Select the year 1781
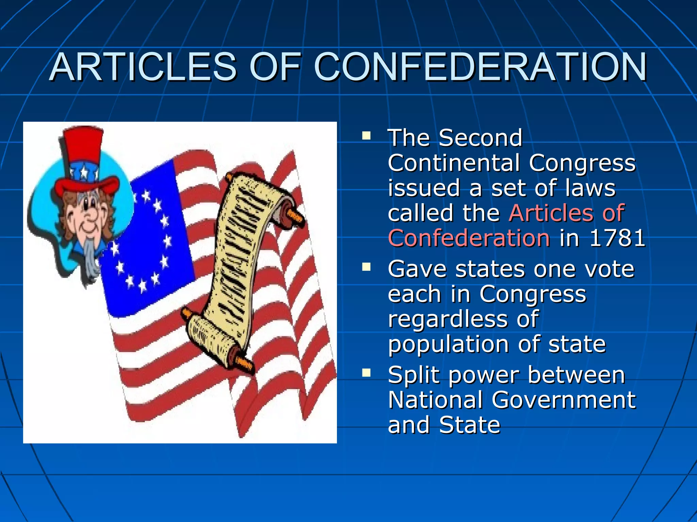pos(617,238)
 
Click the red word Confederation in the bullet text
pos(469,238)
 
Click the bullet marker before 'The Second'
pos(366,136)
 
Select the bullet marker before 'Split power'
pos(366,373)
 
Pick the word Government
pos(563,400)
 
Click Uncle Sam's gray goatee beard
pos(91,258)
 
